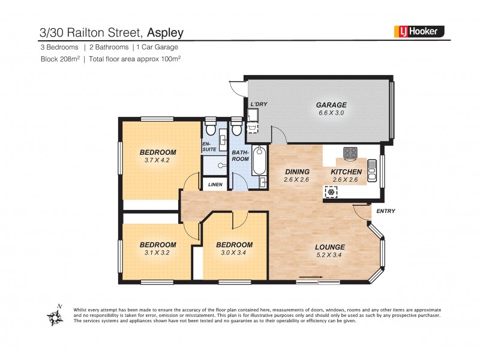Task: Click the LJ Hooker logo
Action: [419, 31]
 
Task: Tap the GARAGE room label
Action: [331, 105]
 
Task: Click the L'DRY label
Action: [259, 104]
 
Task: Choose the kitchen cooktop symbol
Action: [350, 152]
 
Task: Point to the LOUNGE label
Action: [331, 247]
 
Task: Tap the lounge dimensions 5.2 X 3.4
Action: [331, 256]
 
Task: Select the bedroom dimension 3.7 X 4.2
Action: [158, 160]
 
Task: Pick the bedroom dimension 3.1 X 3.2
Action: [158, 253]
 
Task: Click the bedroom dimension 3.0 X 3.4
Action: [234, 253]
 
